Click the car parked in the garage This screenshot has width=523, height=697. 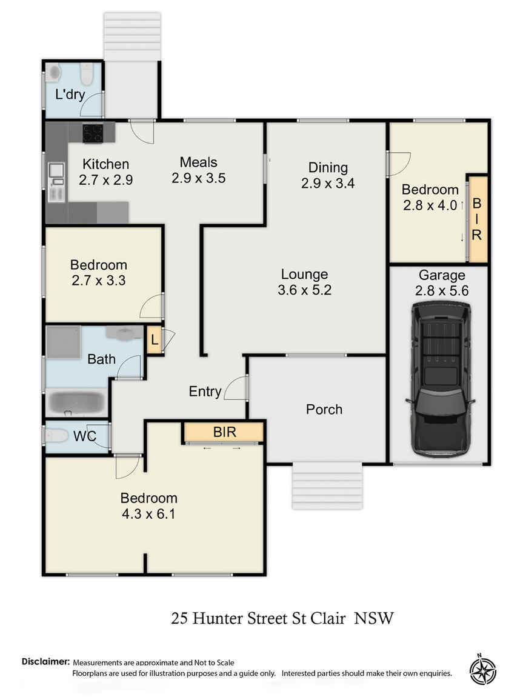click(x=441, y=379)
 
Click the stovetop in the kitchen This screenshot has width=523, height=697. click(x=93, y=133)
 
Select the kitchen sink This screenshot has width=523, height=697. click(x=57, y=171)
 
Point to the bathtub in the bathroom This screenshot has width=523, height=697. click(x=76, y=402)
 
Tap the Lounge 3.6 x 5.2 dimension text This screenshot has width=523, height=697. click(x=304, y=290)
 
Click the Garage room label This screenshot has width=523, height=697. click(x=442, y=275)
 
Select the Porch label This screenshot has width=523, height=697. click(x=324, y=409)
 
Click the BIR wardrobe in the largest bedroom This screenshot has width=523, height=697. click(x=224, y=432)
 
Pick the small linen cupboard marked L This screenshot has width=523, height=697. click(x=154, y=340)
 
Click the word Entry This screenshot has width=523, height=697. click(x=205, y=392)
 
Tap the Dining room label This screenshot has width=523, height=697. click(x=328, y=167)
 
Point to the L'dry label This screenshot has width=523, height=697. click(x=70, y=94)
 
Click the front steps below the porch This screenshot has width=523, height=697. click(x=327, y=485)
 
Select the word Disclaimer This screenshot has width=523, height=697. click(x=46, y=661)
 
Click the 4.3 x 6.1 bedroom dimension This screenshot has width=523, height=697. click(x=148, y=514)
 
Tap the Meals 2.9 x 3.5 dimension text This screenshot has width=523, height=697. click(x=199, y=178)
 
